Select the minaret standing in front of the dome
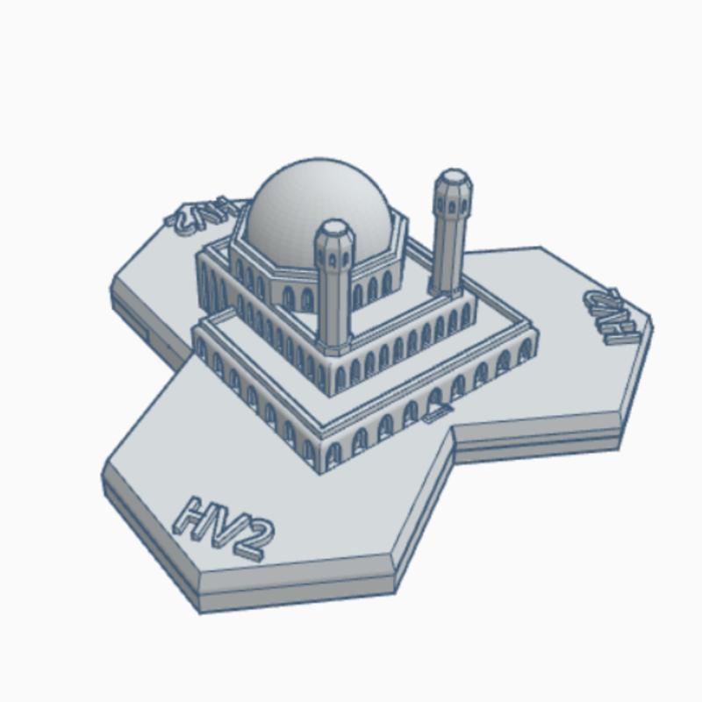coord(334,290)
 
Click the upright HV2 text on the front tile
coord(225,525)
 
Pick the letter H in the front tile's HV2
coord(195,514)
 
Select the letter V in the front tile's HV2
coord(223,525)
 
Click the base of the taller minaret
coord(446,290)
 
